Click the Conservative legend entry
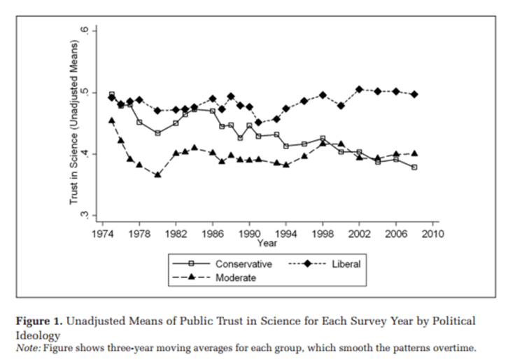[243, 264]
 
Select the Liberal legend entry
[346, 264]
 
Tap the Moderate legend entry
[236, 277]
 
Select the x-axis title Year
[267, 242]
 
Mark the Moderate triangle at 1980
[158, 174]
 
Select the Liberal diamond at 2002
[359, 90]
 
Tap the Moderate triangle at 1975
[112, 120]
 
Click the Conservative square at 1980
[158, 133]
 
